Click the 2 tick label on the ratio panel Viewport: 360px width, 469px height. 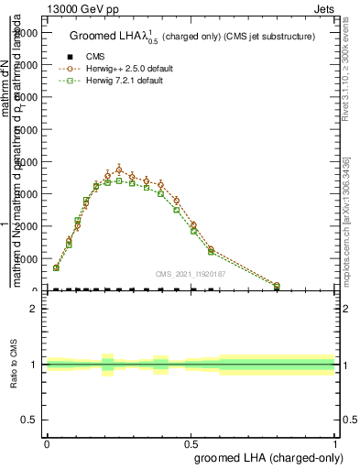point(36,309)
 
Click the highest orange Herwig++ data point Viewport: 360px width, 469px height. point(119,169)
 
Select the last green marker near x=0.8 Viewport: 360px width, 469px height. point(277,286)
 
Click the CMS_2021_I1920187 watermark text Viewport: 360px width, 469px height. point(191,274)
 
